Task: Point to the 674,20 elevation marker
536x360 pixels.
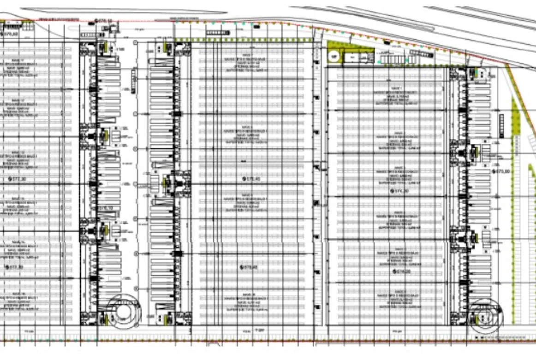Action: (x=403, y=271)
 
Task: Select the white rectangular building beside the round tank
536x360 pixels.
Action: (x=351, y=57)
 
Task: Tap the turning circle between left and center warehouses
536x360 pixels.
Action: (x=123, y=310)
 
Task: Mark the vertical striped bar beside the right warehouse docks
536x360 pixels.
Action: (x=501, y=124)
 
